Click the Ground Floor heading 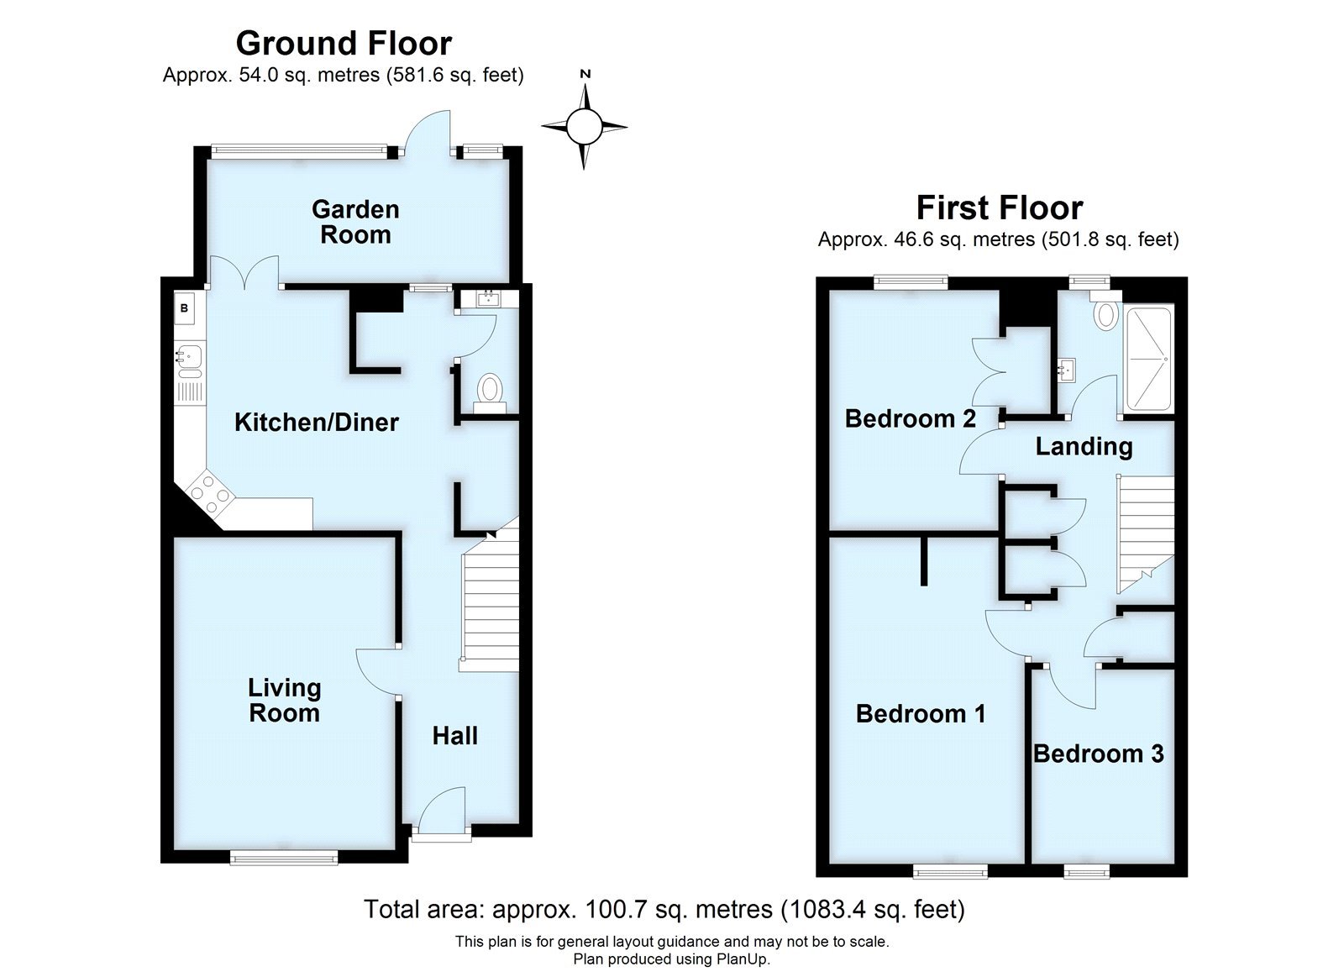pyautogui.click(x=344, y=43)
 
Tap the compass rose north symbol pyautogui.click(x=585, y=126)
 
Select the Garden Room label pyautogui.click(x=355, y=222)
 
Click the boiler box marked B pyautogui.click(x=185, y=309)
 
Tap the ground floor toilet pyautogui.click(x=490, y=391)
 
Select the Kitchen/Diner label pyautogui.click(x=316, y=422)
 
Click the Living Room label pyautogui.click(x=284, y=701)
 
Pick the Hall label pyautogui.click(x=454, y=736)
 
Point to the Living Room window pyautogui.click(x=284, y=857)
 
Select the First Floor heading pyautogui.click(x=999, y=207)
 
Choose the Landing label pyautogui.click(x=1084, y=446)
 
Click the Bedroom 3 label pyautogui.click(x=1098, y=754)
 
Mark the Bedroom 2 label pyautogui.click(x=910, y=418)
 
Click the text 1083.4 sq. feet pyautogui.click(x=872, y=909)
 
